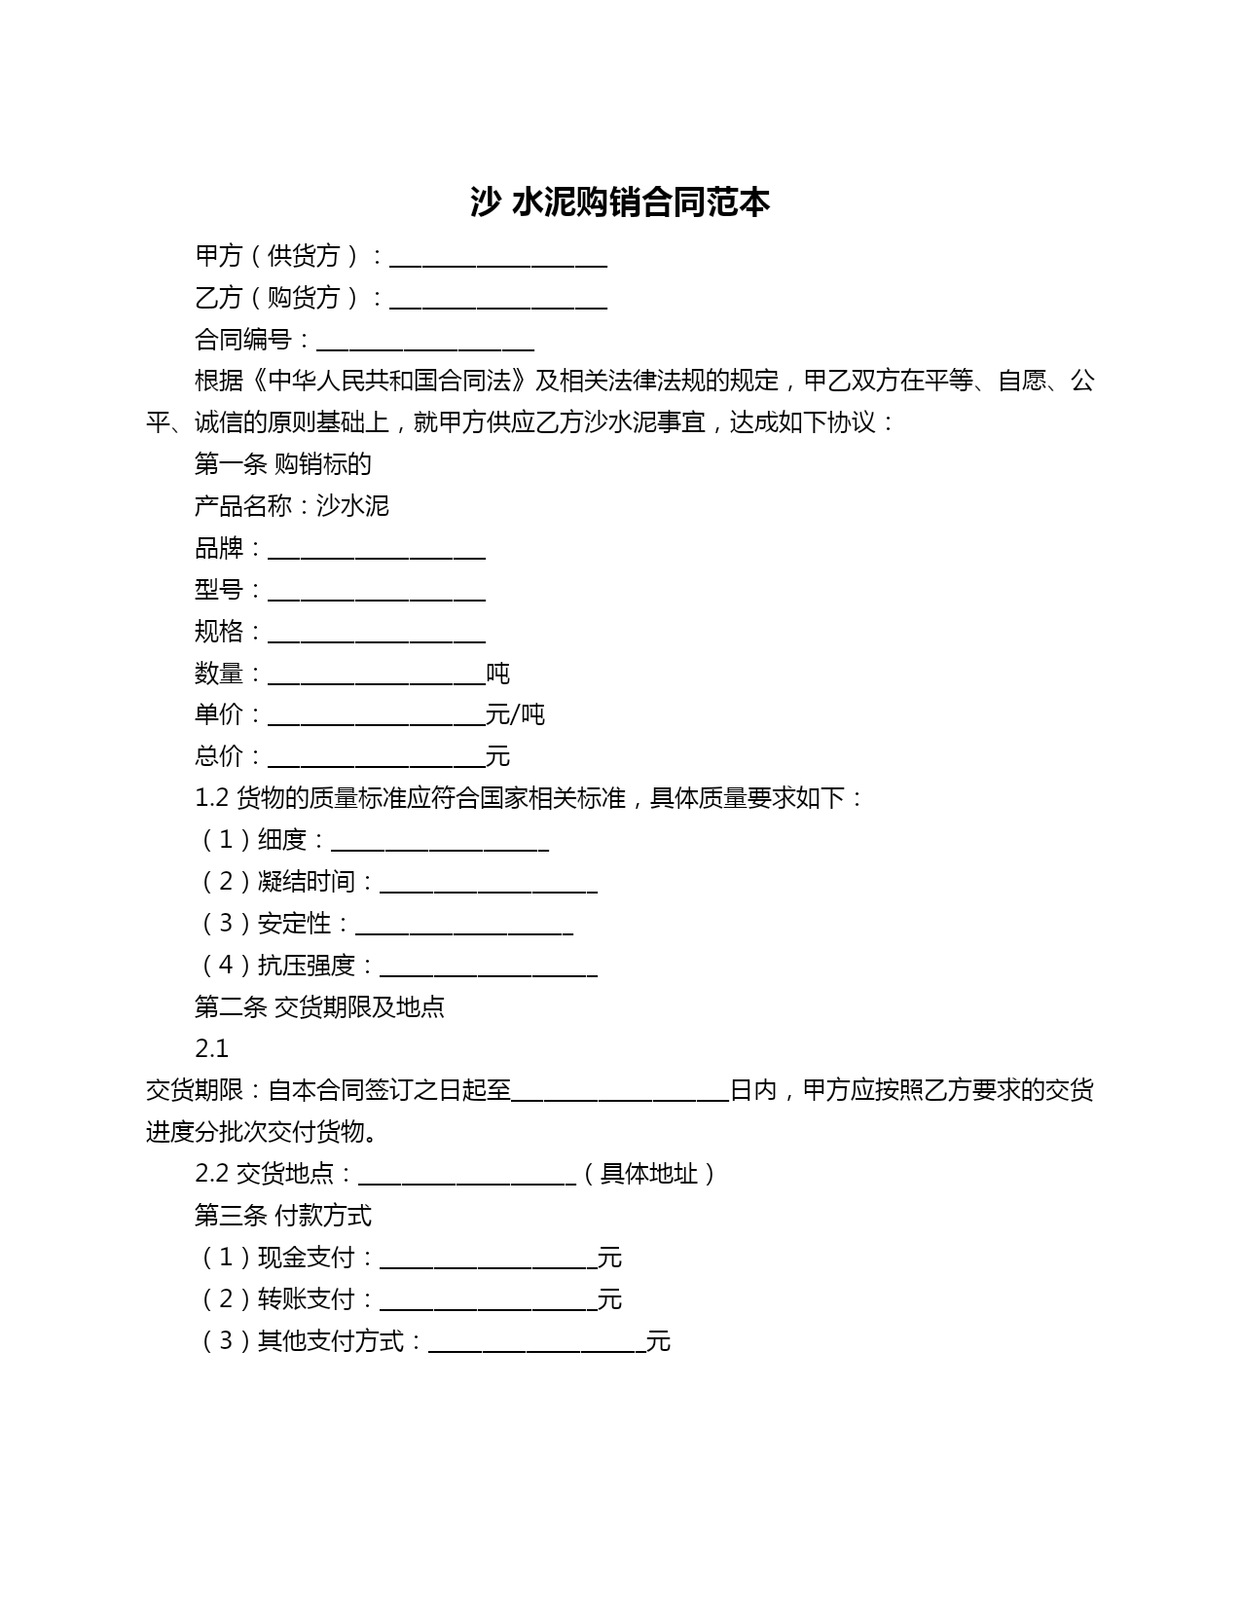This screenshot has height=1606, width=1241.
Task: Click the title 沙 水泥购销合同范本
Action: point(620,202)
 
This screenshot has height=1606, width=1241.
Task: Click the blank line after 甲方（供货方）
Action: point(498,258)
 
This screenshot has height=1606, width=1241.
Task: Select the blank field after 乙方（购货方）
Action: point(498,300)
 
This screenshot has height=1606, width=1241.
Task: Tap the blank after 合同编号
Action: point(425,342)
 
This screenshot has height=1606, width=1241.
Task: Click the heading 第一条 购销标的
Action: point(283,464)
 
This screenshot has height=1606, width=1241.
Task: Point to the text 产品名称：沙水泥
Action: point(292,506)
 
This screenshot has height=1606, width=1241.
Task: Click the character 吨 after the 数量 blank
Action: point(498,674)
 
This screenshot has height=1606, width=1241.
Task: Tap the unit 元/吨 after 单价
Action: point(516,715)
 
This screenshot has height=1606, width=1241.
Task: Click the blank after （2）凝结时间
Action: point(489,885)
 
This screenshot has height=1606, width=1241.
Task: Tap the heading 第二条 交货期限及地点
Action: point(319,1006)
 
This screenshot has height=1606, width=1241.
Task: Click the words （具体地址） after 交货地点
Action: point(650,1174)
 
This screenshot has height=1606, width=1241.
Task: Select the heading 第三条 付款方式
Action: point(283,1216)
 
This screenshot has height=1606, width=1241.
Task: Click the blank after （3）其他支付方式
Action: point(537,1344)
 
